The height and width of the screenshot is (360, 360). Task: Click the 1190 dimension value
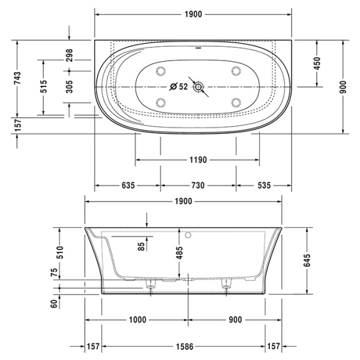[198, 160]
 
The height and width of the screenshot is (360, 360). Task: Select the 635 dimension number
[128, 185]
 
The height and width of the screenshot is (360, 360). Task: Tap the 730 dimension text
[198, 185]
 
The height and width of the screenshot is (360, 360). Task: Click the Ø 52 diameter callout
[178, 86]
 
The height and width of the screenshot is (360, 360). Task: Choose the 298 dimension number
[69, 56]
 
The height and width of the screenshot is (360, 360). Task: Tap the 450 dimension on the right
[317, 63]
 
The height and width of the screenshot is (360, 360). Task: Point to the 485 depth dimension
[178, 248]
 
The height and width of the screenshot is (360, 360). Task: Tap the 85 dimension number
[141, 245]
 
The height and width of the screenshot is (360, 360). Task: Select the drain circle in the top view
[199, 87]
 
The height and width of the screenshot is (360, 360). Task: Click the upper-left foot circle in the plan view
[161, 71]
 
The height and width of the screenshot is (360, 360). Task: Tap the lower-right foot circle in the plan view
[236, 101]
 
